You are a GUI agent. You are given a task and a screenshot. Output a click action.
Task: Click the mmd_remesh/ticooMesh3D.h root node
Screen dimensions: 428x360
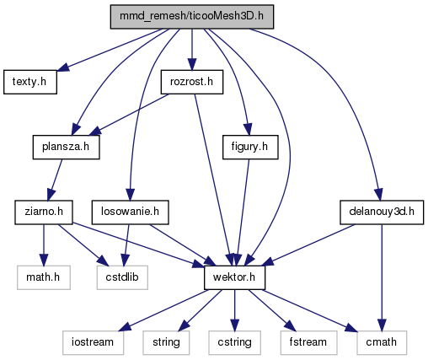[192, 17]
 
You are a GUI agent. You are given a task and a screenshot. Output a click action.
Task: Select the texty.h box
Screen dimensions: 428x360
[30, 82]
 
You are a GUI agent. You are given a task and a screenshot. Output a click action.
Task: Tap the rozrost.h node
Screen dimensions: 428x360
[192, 82]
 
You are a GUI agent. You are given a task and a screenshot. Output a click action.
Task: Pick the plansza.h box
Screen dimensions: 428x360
[66, 147]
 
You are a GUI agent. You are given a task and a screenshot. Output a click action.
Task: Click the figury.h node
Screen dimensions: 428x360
[250, 147]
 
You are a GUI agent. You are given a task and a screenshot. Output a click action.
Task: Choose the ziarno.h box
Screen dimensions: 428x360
[44, 212]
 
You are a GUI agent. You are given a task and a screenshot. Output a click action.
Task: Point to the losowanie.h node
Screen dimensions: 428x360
[130, 212]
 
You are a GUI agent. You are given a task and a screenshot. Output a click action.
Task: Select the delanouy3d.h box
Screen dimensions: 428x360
[382, 212]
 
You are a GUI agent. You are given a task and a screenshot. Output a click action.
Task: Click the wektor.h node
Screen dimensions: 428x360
[234, 277]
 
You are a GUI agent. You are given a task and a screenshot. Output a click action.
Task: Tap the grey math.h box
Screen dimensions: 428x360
[44, 277]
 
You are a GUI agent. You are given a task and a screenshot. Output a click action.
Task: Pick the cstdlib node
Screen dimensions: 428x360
[122, 277]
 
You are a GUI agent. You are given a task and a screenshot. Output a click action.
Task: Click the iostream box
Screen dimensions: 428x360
[93, 342]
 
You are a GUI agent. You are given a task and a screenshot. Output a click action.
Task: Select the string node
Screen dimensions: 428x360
[166, 342]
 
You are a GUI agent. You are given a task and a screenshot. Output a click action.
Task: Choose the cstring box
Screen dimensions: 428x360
[234, 342]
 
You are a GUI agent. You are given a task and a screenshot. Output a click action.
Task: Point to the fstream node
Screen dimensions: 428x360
[308, 342]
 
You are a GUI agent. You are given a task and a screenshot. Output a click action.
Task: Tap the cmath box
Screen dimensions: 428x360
[382, 342]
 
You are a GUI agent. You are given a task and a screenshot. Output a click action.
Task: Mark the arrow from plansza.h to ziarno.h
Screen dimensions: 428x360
[55, 180]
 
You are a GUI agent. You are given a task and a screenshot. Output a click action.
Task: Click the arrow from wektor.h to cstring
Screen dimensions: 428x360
[234, 310]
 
